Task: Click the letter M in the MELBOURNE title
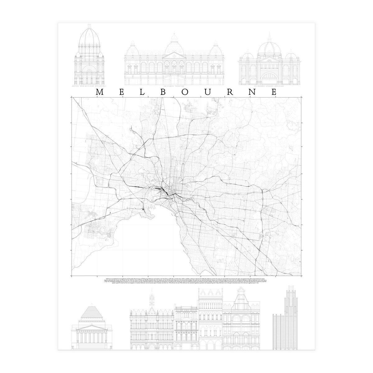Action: [x=100, y=92]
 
